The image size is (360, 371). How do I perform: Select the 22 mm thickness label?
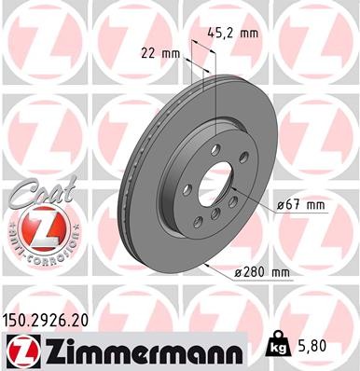162,53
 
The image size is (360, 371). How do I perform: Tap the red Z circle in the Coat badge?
35,228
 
